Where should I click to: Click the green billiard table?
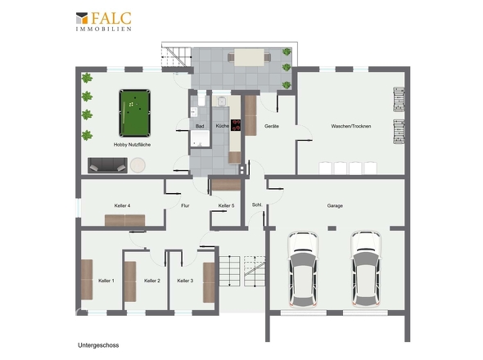tap(135, 113)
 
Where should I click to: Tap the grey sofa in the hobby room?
tap(107, 165)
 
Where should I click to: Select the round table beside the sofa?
tap(138, 165)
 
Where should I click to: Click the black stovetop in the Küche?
tap(236, 125)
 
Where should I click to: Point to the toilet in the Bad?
tap(201, 98)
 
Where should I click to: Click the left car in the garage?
tap(303, 270)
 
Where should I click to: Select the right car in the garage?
tap(366, 270)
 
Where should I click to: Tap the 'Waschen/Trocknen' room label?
tap(351, 126)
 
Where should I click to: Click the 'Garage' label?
tap(335, 205)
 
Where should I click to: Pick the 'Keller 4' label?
tap(122, 205)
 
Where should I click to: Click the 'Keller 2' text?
tap(152, 281)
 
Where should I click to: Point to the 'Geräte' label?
tap(272, 126)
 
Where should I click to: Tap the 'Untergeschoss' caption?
tap(98, 345)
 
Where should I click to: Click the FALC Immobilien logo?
tap(104, 21)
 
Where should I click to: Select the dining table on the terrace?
tap(249, 57)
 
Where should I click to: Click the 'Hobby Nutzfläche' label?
tap(132, 145)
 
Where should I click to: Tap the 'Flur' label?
tap(185, 205)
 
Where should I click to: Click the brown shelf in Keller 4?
tap(124, 220)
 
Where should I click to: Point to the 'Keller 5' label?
tap(227, 205)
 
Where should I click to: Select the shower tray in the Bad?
tap(200, 138)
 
